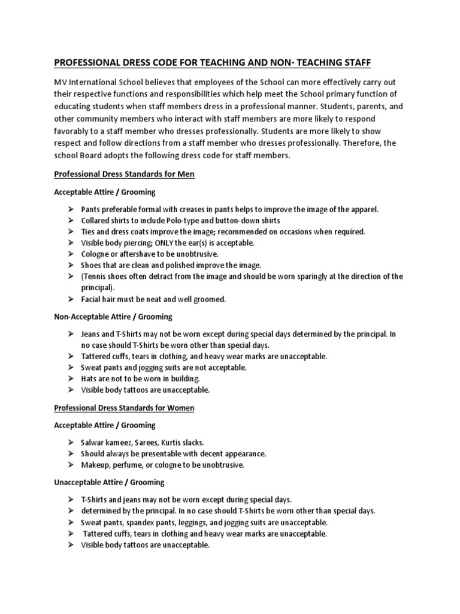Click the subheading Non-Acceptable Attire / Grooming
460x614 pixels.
[113, 316]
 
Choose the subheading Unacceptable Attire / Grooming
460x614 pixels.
[109, 482]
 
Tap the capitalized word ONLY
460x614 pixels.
[171, 243]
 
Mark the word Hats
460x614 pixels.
[90, 378]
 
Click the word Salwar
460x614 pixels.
[93, 442]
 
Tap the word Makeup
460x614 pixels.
[96, 465]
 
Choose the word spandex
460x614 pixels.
[139, 522]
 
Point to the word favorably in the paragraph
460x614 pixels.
[75, 131]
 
